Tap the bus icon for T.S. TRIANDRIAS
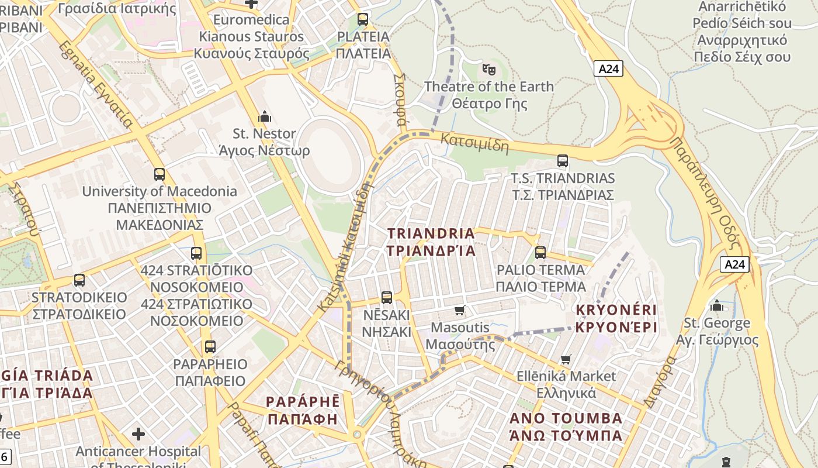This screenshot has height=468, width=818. click(x=563, y=161)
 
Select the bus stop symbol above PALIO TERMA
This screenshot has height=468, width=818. click(x=540, y=253)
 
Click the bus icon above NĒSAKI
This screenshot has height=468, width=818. click(x=386, y=298)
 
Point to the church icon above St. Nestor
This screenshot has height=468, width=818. click(x=264, y=116)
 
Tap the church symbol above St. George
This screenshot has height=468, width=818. click(x=717, y=306)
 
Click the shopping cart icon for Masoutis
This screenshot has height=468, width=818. click(x=460, y=310)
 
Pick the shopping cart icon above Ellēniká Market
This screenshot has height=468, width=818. click(x=565, y=359)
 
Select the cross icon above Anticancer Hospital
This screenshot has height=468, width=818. click(x=138, y=434)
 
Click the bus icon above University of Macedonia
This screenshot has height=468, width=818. click(x=160, y=174)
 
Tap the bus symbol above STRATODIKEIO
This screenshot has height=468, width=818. click(x=79, y=280)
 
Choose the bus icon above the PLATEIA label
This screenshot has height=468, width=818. click(x=363, y=19)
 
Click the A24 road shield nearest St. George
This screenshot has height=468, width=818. click(x=734, y=264)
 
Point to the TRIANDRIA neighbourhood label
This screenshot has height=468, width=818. click(x=431, y=242)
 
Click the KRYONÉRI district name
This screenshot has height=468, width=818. click(x=616, y=318)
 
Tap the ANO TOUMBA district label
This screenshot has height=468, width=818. click(x=566, y=426)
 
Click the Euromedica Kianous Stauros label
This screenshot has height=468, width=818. click(x=251, y=36)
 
